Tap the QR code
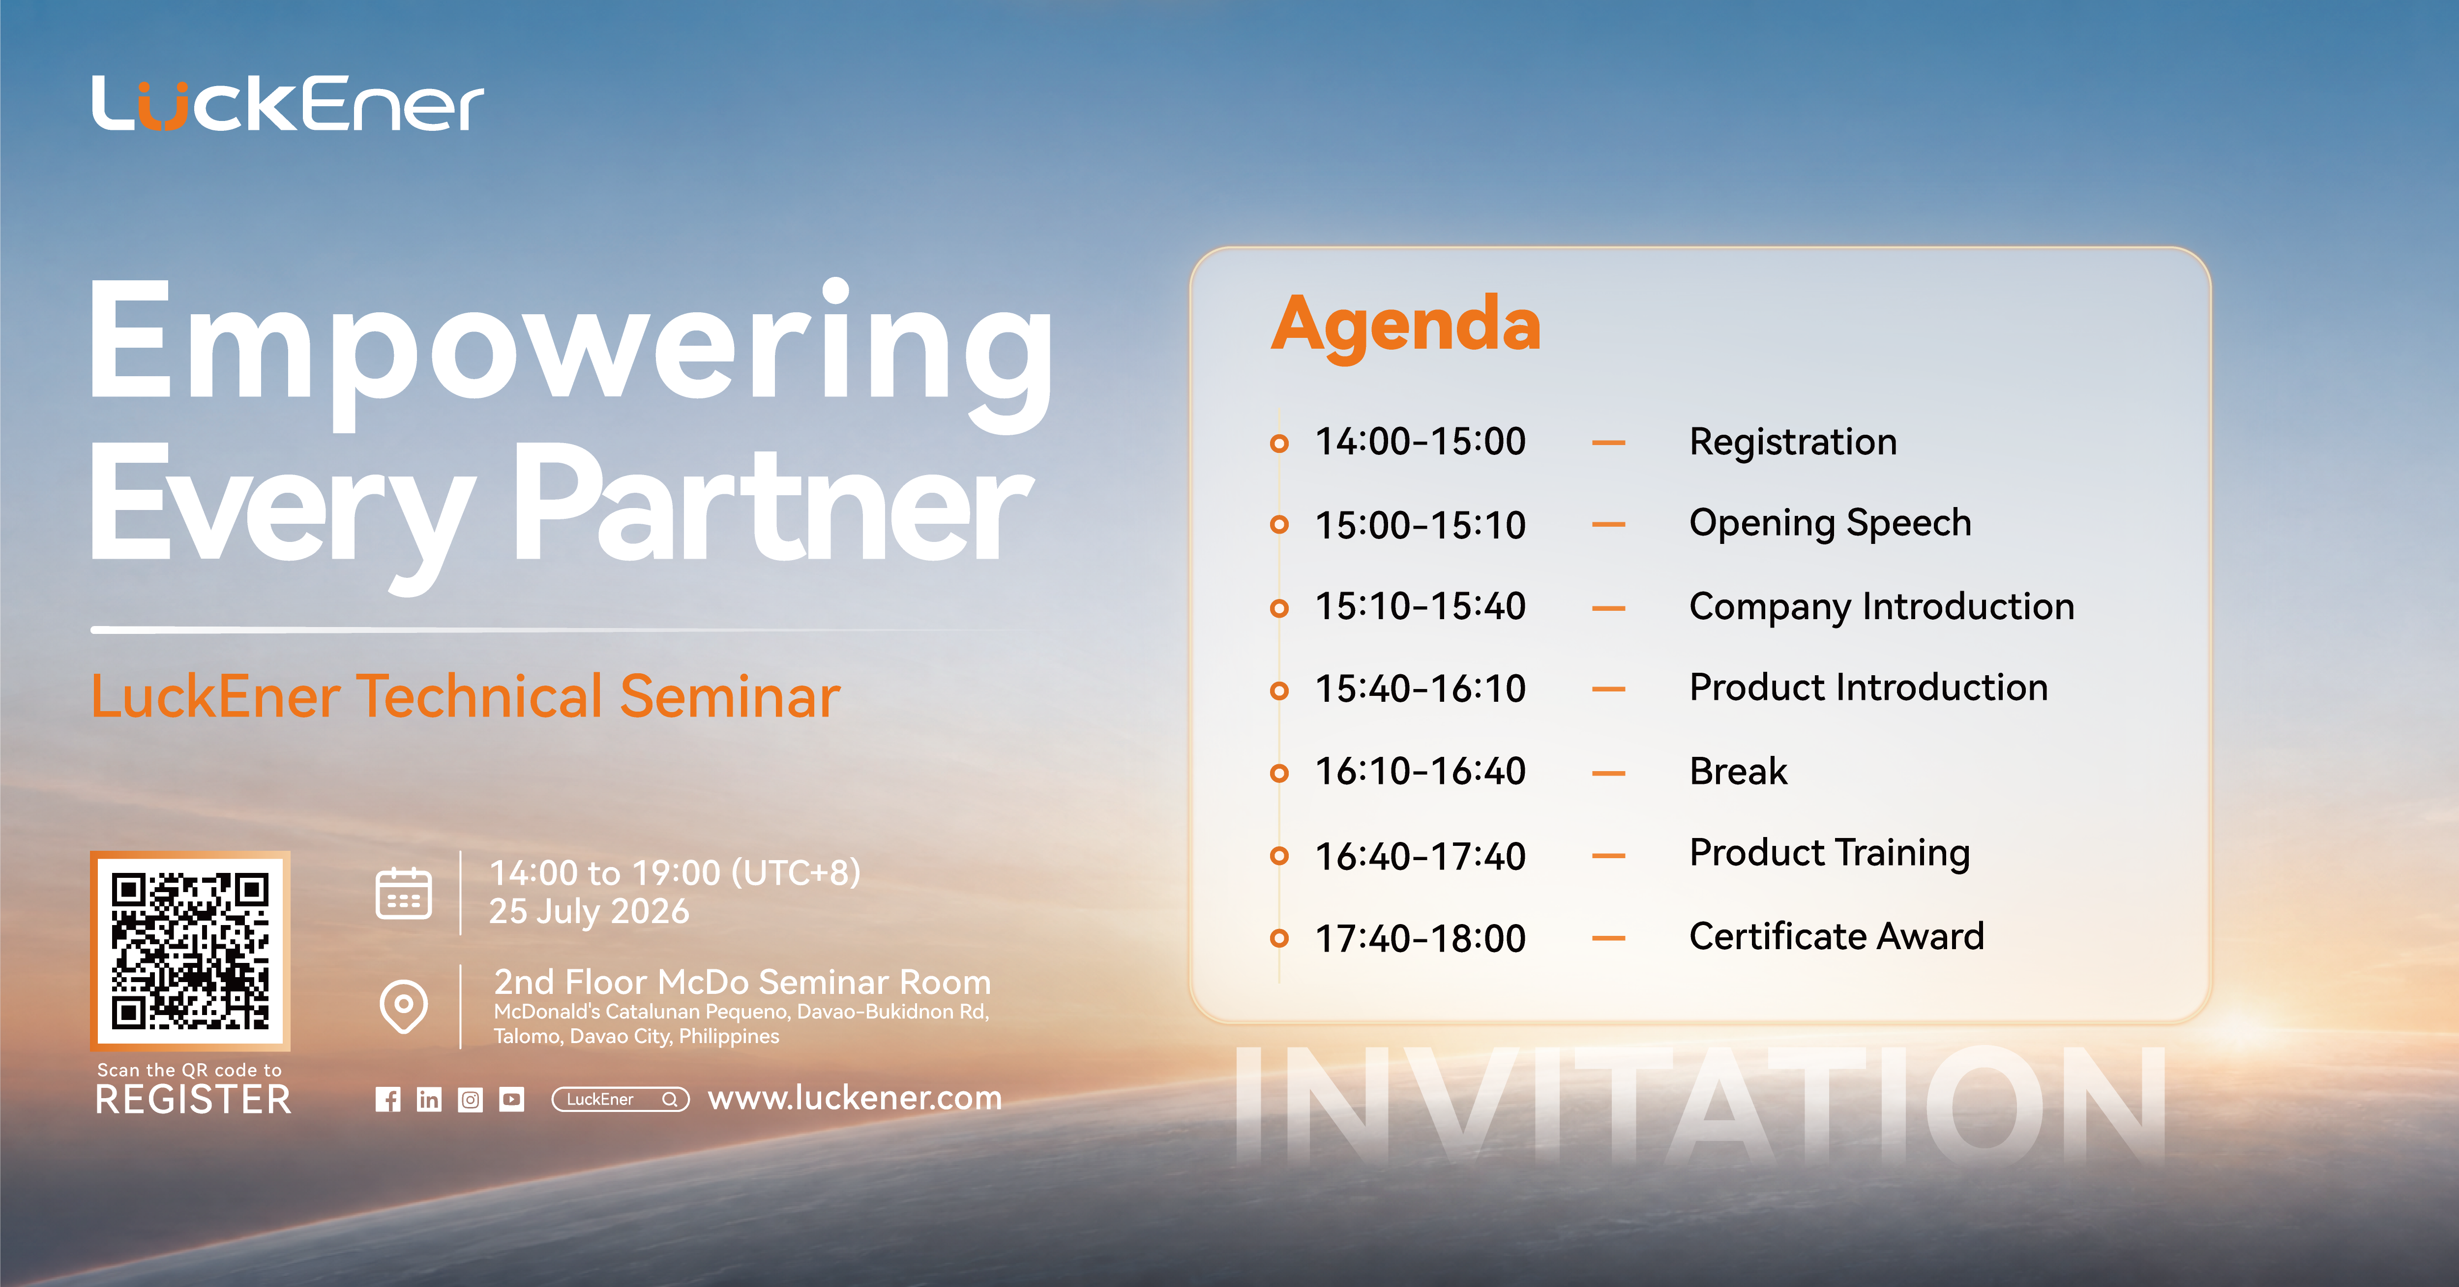pyautogui.click(x=191, y=951)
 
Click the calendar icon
pyautogui.click(x=404, y=894)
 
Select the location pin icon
pyautogui.click(x=404, y=1006)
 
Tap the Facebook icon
pyautogui.click(x=387, y=1100)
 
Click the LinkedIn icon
pyautogui.click(x=429, y=1100)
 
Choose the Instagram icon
pyautogui.click(x=471, y=1100)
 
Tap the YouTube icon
pyautogui.click(x=512, y=1100)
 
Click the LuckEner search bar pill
pyautogui.click(x=621, y=1100)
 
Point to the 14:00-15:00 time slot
pyautogui.click(x=1421, y=442)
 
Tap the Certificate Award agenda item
pyautogui.click(x=1837, y=937)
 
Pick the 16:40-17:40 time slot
pyautogui.click(x=1421, y=856)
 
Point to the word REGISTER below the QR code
pyautogui.click(x=193, y=1100)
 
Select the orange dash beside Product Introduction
pyautogui.click(x=1608, y=689)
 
